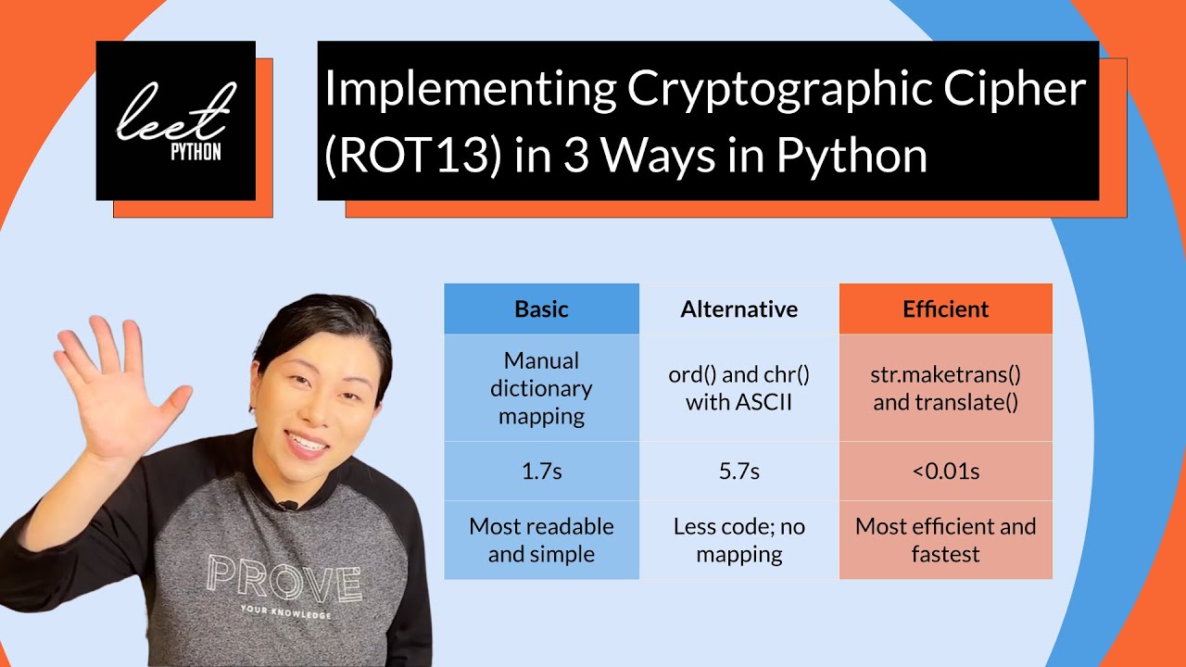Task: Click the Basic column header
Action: coord(541,309)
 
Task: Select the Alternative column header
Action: coord(738,309)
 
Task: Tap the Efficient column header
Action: coord(945,309)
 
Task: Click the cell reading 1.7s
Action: coord(541,472)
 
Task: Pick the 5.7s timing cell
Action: coord(738,472)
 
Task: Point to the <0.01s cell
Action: coord(945,472)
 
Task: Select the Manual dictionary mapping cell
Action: coord(541,388)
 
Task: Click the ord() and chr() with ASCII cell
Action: coord(738,388)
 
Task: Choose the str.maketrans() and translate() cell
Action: coord(945,388)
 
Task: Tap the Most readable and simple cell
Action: coord(541,540)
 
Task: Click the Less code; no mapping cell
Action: coord(738,540)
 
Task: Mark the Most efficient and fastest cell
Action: coord(945,540)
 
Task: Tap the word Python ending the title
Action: coord(852,156)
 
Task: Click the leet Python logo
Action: coord(176,120)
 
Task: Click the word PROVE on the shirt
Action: coord(284,582)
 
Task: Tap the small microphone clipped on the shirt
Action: coord(290,506)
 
